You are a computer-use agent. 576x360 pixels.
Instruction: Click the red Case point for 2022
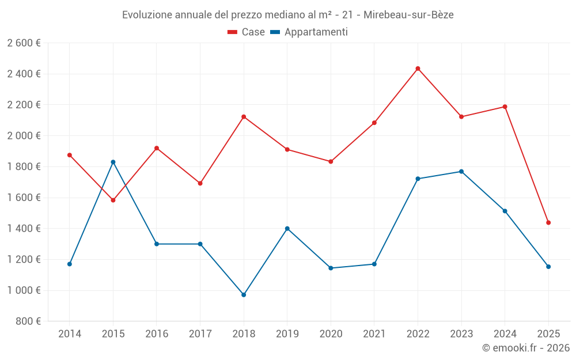[418, 69]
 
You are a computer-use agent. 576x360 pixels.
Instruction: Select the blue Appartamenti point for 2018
[244, 295]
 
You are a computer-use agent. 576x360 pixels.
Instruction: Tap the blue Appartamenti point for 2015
[113, 162]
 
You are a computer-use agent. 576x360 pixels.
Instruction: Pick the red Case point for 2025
[548, 223]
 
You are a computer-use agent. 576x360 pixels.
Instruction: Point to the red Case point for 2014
[70, 155]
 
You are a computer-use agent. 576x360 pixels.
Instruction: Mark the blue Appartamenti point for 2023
[461, 172]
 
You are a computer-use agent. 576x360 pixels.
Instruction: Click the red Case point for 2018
[244, 117]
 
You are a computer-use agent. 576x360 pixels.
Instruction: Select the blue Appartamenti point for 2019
[287, 229]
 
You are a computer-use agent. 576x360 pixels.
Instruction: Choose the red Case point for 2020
[331, 162]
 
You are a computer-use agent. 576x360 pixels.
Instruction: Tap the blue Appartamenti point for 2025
[548, 267]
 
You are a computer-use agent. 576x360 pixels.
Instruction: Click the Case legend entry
[247, 32]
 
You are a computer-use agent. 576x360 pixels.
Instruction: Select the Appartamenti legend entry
[309, 32]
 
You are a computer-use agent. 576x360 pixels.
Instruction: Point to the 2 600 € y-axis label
[24, 43]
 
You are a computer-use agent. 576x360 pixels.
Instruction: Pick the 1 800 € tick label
[24, 167]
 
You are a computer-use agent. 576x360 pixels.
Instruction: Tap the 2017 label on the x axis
[200, 334]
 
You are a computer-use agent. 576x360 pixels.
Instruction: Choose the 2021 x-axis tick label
[374, 334]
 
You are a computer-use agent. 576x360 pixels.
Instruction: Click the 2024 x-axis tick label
[505, 334]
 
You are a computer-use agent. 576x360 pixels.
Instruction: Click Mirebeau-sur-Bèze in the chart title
[408, 15]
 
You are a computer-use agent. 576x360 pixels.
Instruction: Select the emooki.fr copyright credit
[525, 348]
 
